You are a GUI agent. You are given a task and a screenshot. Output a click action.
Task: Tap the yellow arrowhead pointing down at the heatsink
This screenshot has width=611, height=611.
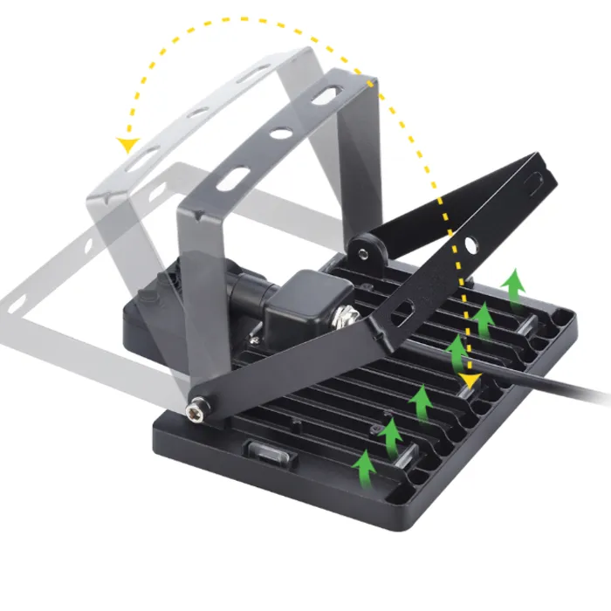(470, 381)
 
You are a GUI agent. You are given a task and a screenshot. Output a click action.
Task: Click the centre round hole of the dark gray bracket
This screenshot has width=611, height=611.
(281, 134)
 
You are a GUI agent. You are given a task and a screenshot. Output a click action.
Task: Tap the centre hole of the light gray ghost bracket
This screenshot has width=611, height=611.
(198, 113)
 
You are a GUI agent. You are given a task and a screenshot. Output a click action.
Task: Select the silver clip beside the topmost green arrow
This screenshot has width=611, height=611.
(528, 320)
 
